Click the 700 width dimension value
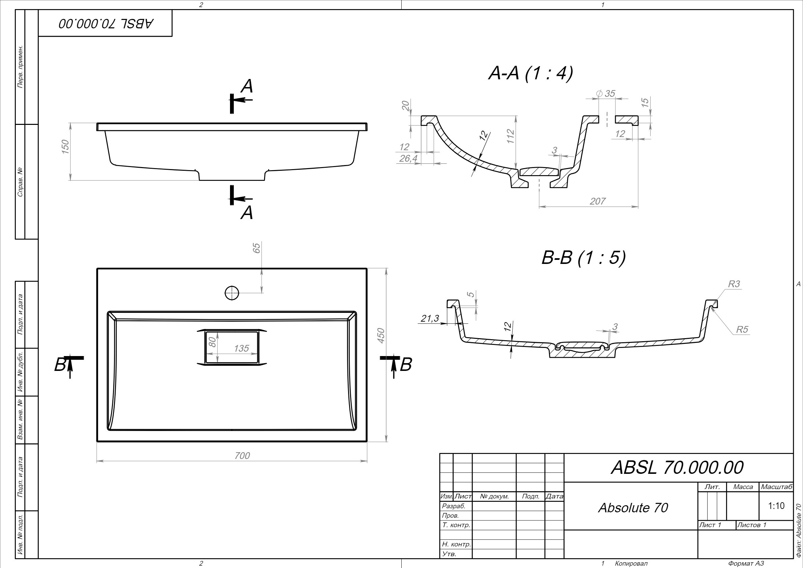[242, 456]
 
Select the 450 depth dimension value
[381, 335]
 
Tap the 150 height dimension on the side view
[65, 146]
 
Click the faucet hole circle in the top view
[232, 293]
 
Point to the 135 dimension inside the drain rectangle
[241, 348]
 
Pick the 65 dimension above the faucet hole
[257, 248]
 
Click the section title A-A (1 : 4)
[530, 74]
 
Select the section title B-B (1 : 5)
[583, 258]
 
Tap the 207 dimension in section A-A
[597, 201]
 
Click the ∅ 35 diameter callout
[605, 93]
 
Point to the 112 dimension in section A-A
[511, 136]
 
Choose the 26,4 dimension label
[408, 159]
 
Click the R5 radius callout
[742, 329]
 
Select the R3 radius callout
[734, 284]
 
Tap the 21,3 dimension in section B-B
[429, 319]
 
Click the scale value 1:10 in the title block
[776, 506]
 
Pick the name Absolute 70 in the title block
[633, 508]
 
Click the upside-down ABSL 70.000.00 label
[106, 23]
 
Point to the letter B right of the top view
[406, 365]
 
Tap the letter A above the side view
[247, 86]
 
